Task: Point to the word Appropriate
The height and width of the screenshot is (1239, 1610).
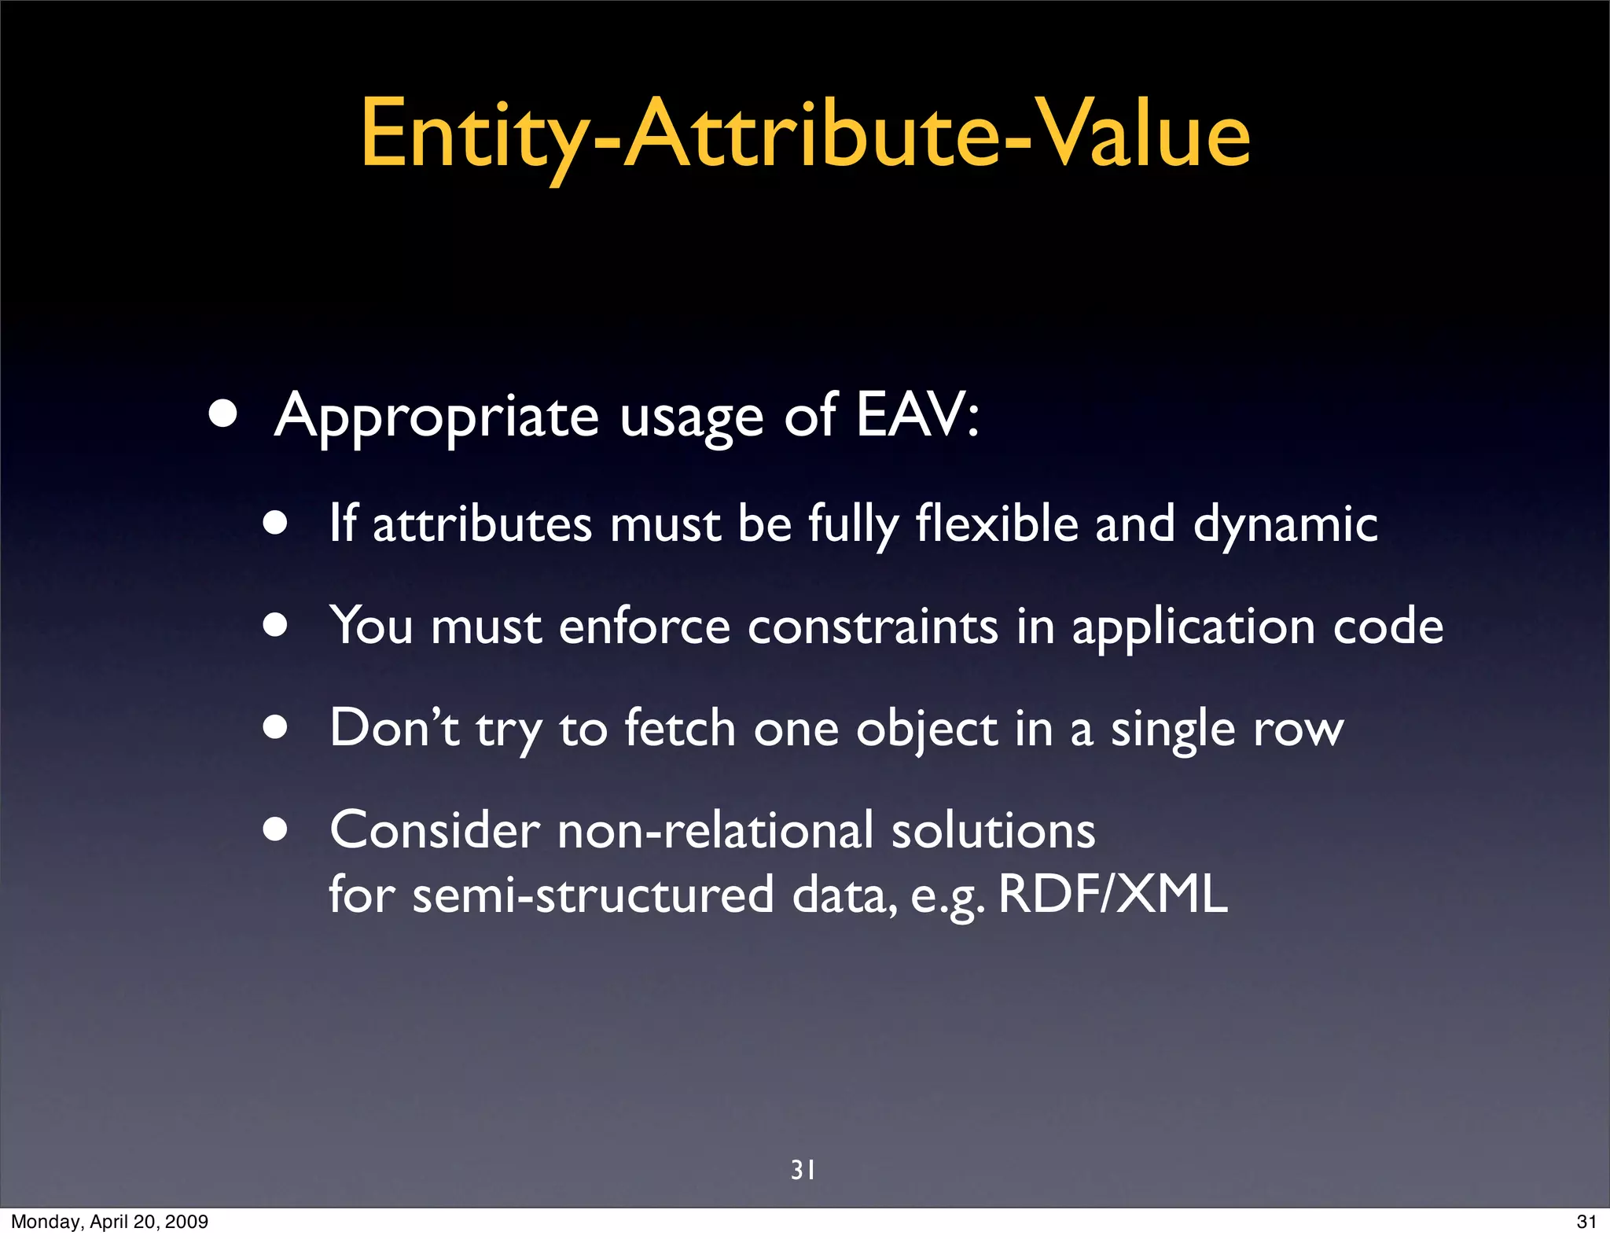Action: tap(437, 417)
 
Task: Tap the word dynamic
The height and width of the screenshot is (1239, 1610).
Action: tap(1285, 525)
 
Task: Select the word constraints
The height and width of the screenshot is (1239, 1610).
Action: tap(873, 627)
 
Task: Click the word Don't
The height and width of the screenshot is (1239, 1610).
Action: tap(394, 727)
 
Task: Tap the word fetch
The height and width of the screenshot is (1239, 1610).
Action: tap(680, 727)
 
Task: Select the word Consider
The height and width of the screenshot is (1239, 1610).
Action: tap(435, 830)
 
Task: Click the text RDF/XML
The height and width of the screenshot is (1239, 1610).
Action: tap(1112, 895)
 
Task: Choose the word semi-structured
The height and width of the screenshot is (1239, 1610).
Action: tap(594, 895)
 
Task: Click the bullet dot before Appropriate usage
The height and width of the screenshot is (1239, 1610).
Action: tap(223, 415)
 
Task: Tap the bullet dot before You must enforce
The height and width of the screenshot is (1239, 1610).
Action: tap(275, 627)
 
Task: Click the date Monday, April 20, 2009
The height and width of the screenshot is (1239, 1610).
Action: tap(109, 1222)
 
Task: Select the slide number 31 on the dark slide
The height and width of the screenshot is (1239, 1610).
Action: tap(803, 1170)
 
